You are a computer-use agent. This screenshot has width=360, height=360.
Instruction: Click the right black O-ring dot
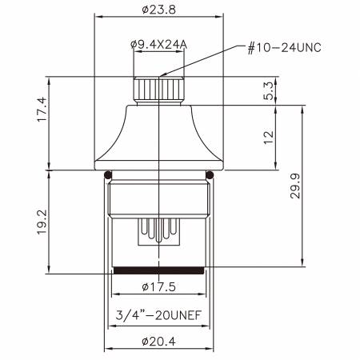(210, 174)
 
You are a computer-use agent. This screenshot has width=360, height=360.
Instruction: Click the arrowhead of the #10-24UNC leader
(166, 77)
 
